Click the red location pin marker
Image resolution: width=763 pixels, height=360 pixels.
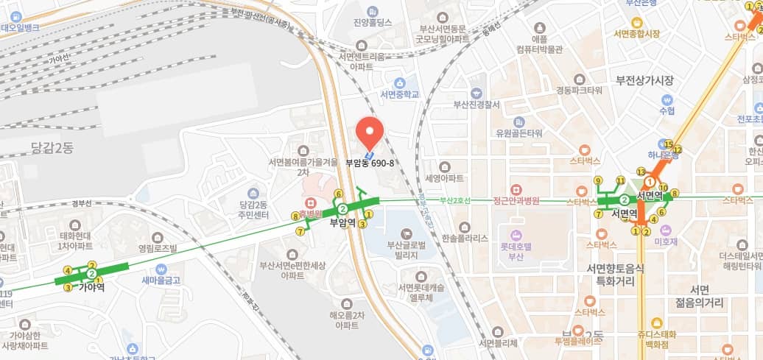(370, 130)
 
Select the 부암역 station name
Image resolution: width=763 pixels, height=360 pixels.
(343, 221)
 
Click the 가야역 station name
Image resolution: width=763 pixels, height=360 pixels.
(92, 288)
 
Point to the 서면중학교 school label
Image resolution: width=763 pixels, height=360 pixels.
(399, 94)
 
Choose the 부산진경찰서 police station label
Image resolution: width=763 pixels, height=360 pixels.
(477, 104)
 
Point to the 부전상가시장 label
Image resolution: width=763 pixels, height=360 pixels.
(646, 80)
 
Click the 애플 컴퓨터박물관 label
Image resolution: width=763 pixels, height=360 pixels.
(539, 45)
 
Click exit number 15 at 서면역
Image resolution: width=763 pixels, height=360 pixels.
(668, 144)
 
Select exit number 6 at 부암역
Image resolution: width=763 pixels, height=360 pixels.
(338, 194)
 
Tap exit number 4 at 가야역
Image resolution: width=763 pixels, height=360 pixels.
(68, 270)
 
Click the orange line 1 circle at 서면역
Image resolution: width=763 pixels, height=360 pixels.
(649, 182)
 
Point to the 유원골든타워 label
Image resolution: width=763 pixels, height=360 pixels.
(519, 133)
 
